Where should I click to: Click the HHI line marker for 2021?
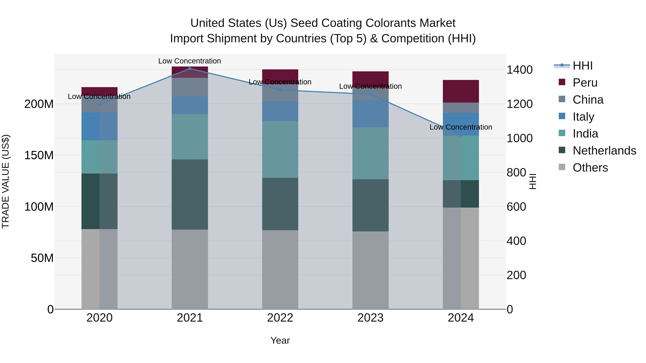190,68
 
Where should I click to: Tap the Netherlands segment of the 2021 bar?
190,194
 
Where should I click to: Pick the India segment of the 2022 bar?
280,149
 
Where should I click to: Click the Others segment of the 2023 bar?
370,270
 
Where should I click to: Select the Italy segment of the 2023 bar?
370,113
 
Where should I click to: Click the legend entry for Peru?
585,83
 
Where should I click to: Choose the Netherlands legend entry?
604,151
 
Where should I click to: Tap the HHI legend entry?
582,66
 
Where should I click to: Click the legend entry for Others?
590,168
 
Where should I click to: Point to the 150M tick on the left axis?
39,155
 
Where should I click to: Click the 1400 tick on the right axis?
519,70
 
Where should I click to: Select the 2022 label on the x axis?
280,318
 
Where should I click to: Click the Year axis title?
280,340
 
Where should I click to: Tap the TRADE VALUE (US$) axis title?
6,181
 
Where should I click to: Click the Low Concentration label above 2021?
190,61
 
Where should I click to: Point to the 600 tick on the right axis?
516,207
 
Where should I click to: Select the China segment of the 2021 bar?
190,87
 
